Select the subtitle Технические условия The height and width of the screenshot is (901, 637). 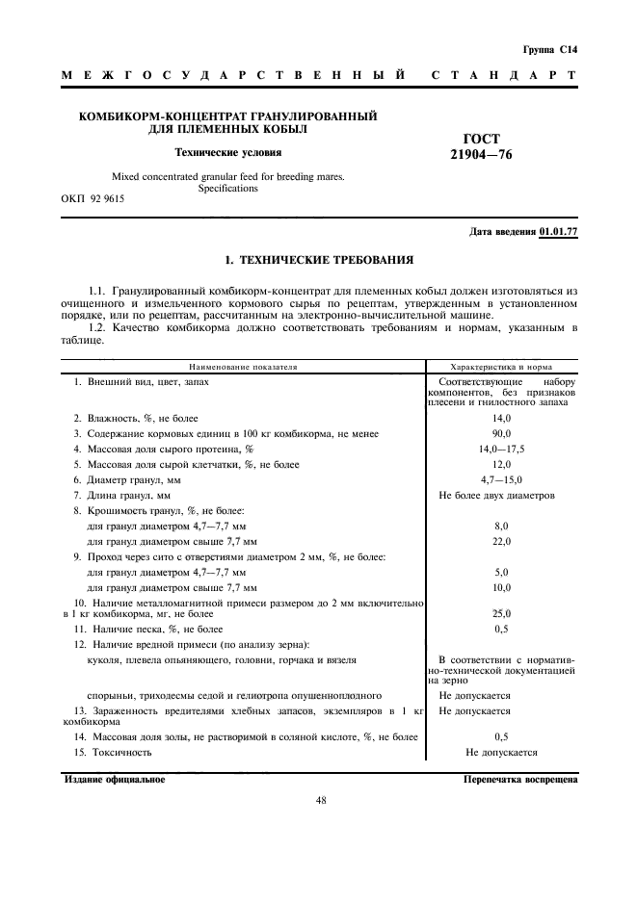pyautogui.click(x=227, y=152)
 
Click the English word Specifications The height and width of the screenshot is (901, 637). pyautogui.click(x=227, y=189)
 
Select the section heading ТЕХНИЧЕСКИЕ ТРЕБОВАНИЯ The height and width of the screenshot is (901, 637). pyautogui.click(x=326, y=260)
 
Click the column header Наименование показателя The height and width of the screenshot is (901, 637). pyautogui.click(x=243, y=367)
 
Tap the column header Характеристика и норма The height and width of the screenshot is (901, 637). pyautogui.click(x=501, y=367)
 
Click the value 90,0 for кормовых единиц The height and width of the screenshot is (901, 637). pyautogui.click(x=501, y=434)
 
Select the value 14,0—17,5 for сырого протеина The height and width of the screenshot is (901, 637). pyautogui.click(x=501, y=450)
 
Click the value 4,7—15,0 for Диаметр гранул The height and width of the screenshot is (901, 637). pyautogui.click(x=501, y=479)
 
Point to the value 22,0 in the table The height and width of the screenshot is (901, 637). pyautogui.click(x=501, y=542)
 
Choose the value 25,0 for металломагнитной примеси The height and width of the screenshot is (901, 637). pyautogui.click(x=501, y=612)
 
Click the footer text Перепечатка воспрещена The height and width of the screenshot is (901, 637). pyautogui.click(x=520, y=780)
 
